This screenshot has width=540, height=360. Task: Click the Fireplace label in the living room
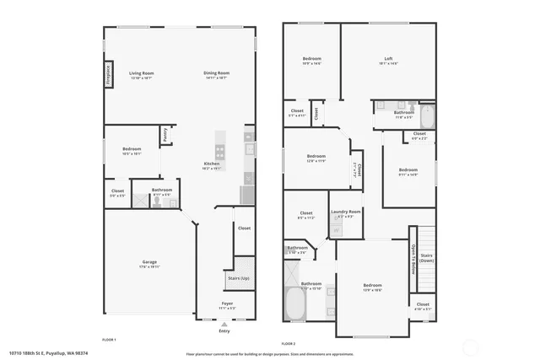point(109,74)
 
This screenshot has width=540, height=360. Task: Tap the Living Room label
point(141,73)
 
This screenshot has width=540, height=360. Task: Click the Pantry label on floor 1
point(165,135)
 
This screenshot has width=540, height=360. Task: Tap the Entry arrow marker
point(224,324)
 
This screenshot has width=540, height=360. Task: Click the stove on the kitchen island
point(220,152)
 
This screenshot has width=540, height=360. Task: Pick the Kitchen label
point(212,164)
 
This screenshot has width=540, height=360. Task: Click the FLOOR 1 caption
point(109,339)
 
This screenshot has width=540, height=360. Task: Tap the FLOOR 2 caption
point(289,343)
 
